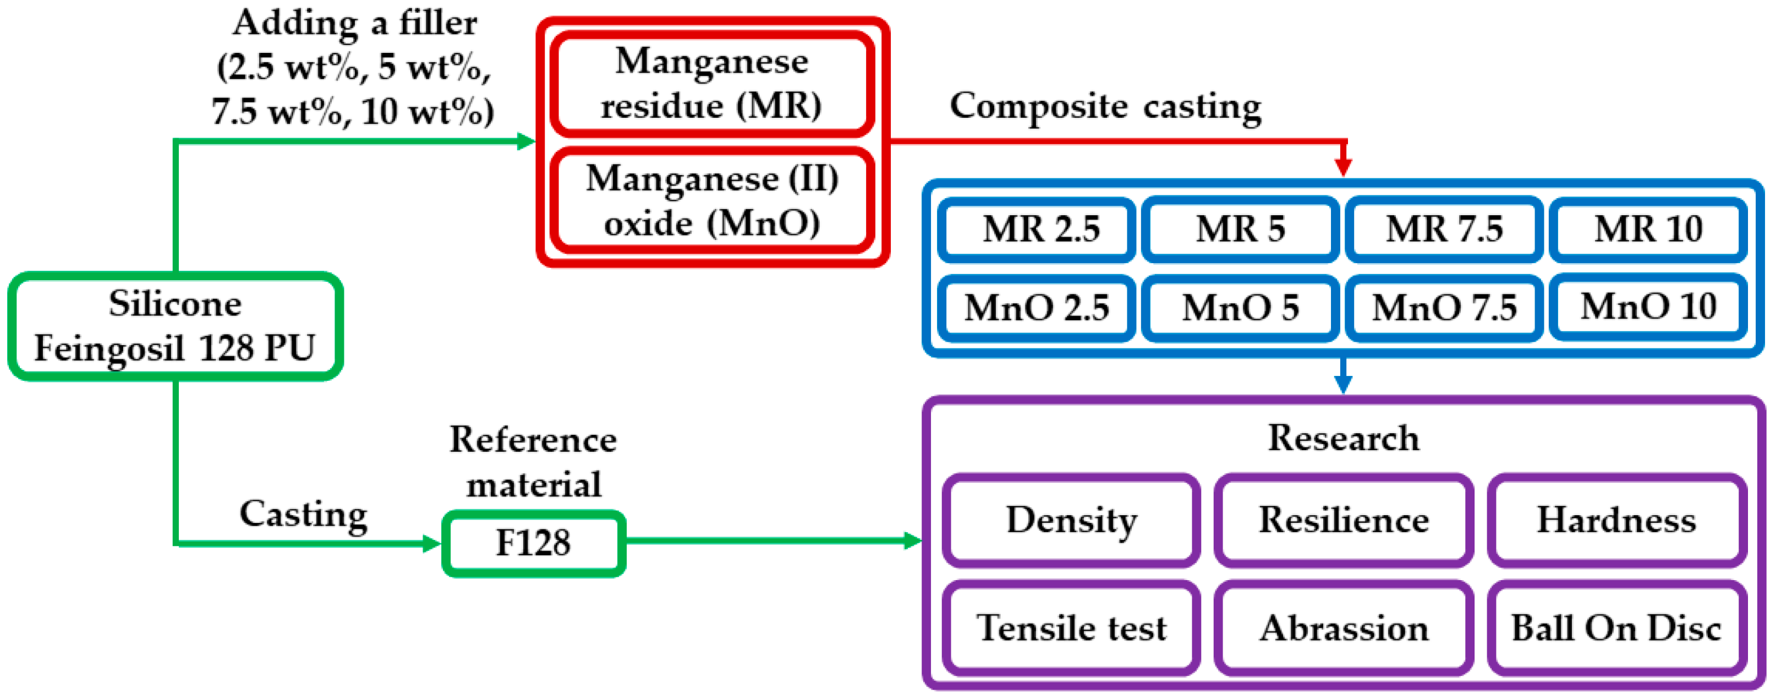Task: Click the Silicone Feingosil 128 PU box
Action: click(175, 326)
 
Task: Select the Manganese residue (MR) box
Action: click(711, 83)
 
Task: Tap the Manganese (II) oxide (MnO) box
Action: click(711, 200)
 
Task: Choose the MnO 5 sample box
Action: click(1240, 308)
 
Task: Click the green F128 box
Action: click(533, 543)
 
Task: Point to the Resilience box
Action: click(1344, 521)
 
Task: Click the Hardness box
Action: click(1616, 521)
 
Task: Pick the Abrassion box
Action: click(1344, 628)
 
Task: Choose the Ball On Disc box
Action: click(1616, 628)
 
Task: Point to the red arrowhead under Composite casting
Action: click(1342, 166)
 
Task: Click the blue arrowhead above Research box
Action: click(1342, 384)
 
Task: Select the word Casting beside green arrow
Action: click(304, 515)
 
